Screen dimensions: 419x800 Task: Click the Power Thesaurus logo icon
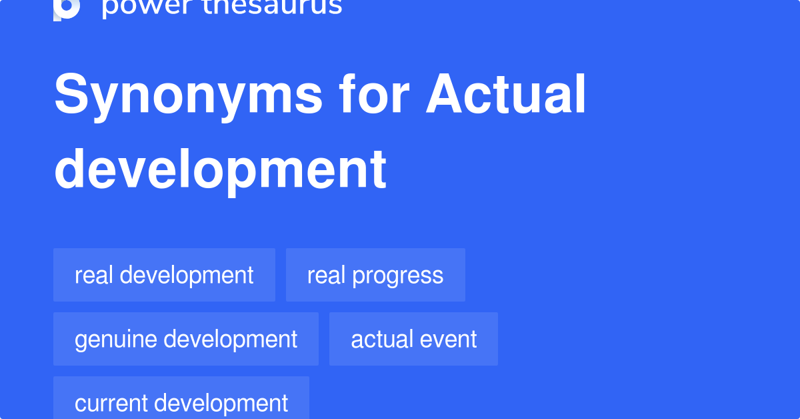point(67,8)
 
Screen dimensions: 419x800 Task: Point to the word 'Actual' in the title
point(507,95)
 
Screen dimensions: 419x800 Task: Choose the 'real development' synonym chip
point(164,275)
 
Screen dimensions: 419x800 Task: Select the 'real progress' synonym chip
point(375,275)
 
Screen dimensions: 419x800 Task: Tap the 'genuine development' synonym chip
point(186,339)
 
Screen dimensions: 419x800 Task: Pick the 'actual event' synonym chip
point(413,339)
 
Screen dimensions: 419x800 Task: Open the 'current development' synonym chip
point(181,402)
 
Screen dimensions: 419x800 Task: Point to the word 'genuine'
point(116,340)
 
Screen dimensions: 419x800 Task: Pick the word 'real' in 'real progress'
point(326,275)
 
